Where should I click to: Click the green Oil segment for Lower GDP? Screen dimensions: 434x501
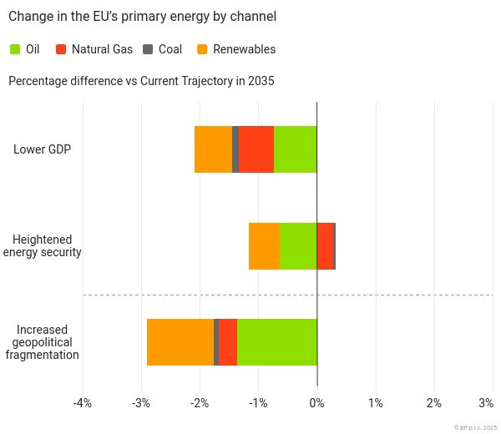coord(296,149)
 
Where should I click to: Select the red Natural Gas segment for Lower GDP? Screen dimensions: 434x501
coord(256,149)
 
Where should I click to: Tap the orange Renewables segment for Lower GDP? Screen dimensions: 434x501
coord(213,149)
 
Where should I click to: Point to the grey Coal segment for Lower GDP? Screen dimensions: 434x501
coord(235,149)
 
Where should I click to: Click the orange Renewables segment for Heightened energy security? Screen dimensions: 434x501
coord(264,246)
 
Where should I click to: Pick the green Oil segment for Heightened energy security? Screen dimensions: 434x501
coord(298,246)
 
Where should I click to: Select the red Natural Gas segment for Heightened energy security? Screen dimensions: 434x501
coord(325,246)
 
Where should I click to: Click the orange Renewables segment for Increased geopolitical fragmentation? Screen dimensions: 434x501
coord(180,342)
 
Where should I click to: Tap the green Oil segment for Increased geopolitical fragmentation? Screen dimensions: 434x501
coord(277,342)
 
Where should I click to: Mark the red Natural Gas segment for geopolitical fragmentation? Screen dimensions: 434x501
coord(228,342)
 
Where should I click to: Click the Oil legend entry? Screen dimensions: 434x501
coord(25,49)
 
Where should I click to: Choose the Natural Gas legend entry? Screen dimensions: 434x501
coord(94,49)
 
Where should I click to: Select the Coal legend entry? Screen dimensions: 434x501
coord(162,49)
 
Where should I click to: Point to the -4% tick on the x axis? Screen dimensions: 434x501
coord(82,403)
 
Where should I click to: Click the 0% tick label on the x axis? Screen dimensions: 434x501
coord(316,403)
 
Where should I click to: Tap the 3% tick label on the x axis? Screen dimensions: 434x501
coord(486,403)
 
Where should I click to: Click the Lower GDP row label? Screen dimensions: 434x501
coord(42,149)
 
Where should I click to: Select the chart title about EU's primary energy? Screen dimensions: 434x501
coord(142,16)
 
